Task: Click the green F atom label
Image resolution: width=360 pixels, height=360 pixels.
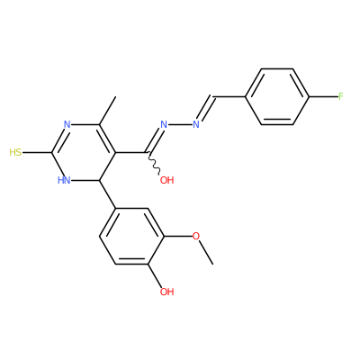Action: [341, 96]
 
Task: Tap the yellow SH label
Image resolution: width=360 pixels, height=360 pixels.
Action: [15, 152]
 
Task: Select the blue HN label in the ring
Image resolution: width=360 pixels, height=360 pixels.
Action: [64, 180]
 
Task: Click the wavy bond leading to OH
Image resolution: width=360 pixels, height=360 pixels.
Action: [155, 163]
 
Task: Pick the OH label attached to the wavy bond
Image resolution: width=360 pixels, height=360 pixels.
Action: [166, 180]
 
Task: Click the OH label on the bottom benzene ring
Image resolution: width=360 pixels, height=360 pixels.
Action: [166, 292]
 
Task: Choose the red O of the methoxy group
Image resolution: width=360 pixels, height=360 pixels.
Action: [195, 236]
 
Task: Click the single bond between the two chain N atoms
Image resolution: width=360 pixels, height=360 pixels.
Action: [180, 124]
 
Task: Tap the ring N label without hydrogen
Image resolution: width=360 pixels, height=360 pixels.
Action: [67, 124]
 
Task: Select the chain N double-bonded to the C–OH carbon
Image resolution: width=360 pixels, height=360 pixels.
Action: [164, 124]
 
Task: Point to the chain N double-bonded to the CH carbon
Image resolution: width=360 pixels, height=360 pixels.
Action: [196, 124]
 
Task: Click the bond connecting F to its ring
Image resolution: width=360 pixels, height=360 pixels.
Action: [323, 96]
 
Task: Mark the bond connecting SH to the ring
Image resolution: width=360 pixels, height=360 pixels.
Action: [38, 152]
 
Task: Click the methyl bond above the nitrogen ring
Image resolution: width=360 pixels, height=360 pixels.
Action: [107, 111]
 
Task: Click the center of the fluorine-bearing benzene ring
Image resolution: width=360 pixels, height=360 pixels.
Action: [277, 96]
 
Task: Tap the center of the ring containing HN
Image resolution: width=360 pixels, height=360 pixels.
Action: [84, 152]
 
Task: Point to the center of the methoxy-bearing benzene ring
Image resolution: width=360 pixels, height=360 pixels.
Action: [132, 236]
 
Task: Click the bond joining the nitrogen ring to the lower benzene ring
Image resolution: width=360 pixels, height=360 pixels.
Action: [107, 194]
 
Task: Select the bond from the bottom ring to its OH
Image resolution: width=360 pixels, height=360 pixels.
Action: [156, 276]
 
